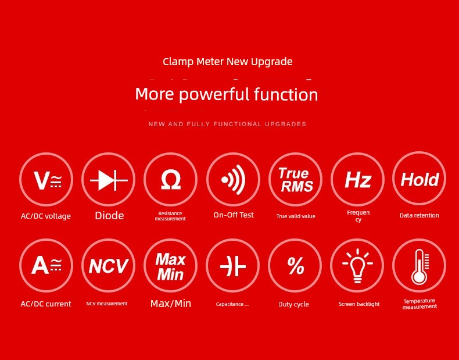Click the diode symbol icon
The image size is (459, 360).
[108, 179]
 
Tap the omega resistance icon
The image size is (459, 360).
[171, 179]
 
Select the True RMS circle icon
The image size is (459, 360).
[295, 179]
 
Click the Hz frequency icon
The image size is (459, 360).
[357, 179]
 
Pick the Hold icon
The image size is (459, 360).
[419, 179]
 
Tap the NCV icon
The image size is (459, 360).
[108, 265]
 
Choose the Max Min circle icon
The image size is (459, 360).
[171, 265]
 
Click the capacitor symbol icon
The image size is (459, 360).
[233, 265]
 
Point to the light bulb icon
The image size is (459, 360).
[357, 265]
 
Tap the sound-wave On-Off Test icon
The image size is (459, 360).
[234, 179]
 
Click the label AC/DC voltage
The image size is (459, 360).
[46, 216]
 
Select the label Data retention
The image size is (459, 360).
[419, 215]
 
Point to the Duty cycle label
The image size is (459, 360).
[293, 304]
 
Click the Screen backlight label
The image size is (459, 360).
[359, 304]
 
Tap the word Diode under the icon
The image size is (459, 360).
[109, 216]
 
